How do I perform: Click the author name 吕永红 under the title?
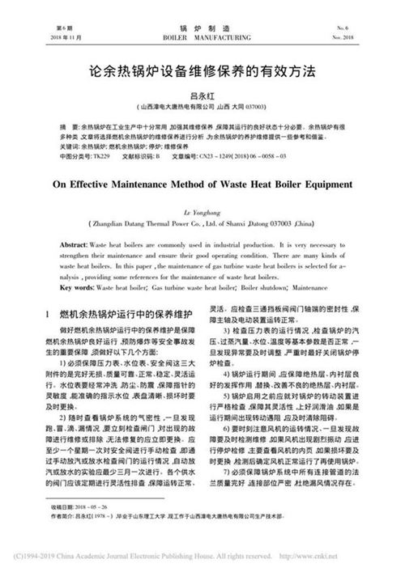point(202,95)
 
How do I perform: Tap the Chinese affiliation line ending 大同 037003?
point(202,106)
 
